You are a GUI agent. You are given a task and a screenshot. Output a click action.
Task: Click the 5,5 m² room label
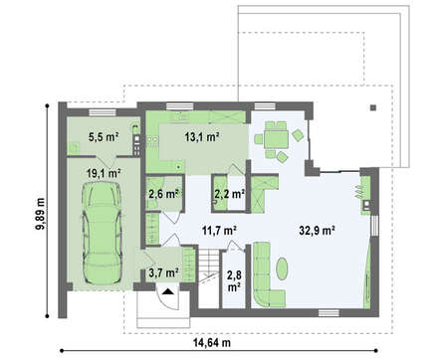[x=104, y=136]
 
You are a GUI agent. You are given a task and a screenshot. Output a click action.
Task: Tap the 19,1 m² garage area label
[x=104, y=173]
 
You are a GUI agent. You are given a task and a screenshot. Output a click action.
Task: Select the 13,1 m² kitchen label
[x=202, y=136]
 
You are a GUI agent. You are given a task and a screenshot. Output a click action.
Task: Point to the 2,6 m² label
[x=165, y=193]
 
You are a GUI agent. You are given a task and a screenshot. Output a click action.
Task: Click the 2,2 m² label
[x=230, y=193]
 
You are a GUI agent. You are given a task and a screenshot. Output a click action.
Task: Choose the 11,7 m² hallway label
[x=219, y=230]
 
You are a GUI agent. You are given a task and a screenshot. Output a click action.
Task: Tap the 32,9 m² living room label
[x=317, y=230]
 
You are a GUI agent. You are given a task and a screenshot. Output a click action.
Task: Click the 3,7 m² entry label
[x=164, y=272]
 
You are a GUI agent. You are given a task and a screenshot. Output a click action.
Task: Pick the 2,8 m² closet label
[x=234, y=280]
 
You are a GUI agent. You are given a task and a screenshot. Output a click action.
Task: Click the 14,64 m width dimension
[x=212, y=343]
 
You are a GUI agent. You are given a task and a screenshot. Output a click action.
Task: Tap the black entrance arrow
[x=168, y=291]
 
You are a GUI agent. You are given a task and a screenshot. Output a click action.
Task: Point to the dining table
[x=277, y=139]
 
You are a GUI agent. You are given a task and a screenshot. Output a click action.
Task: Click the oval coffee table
[x=282, y=269]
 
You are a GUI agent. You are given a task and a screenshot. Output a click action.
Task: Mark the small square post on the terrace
[x=373, y=107]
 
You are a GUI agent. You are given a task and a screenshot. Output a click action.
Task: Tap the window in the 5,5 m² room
[x=103, y=112]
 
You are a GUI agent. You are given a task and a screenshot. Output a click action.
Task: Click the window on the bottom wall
[x=329, y=312]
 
